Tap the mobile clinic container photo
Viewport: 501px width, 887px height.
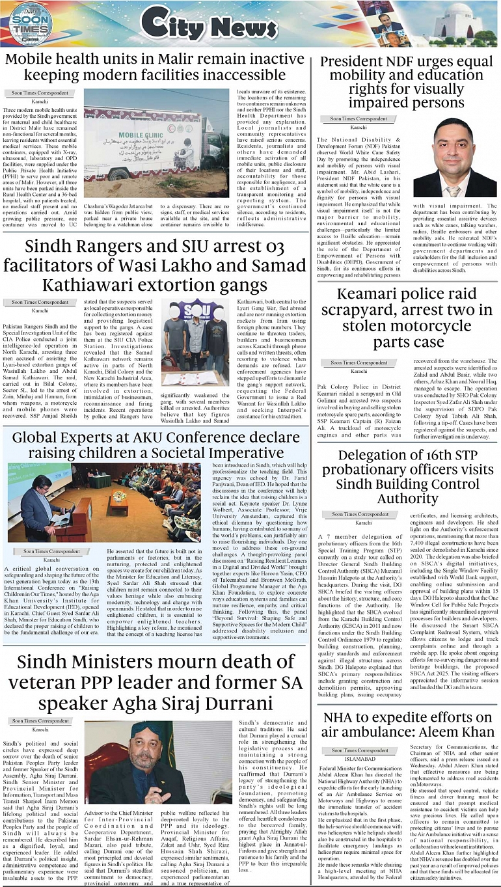click(x=156, y=143)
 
